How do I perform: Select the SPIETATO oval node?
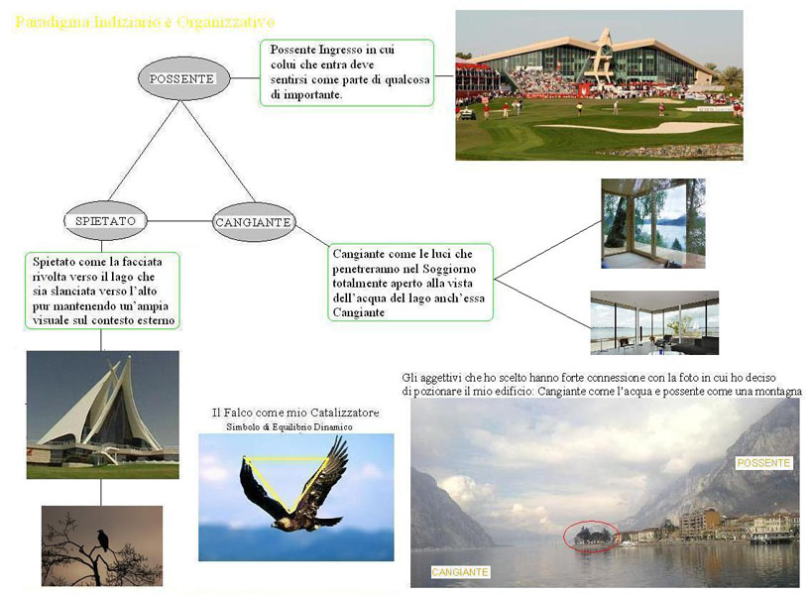coord(105,220)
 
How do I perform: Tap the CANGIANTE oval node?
coord(253,222)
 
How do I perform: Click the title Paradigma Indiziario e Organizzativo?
coord(146,21)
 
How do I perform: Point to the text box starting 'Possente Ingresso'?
coord(346,72)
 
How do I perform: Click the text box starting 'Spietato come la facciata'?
coord(103,291)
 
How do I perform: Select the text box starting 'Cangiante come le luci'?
coord(410,283)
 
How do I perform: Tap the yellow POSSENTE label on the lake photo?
coord(763,463)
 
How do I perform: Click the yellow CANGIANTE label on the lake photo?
coord(460,572)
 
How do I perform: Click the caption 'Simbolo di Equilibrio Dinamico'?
coord(289,426)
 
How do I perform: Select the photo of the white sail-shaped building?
coord(102,415)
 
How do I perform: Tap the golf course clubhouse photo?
coord(599,84)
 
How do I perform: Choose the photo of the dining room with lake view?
coord(654,322)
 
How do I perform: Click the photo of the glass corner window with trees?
coord(653,223)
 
